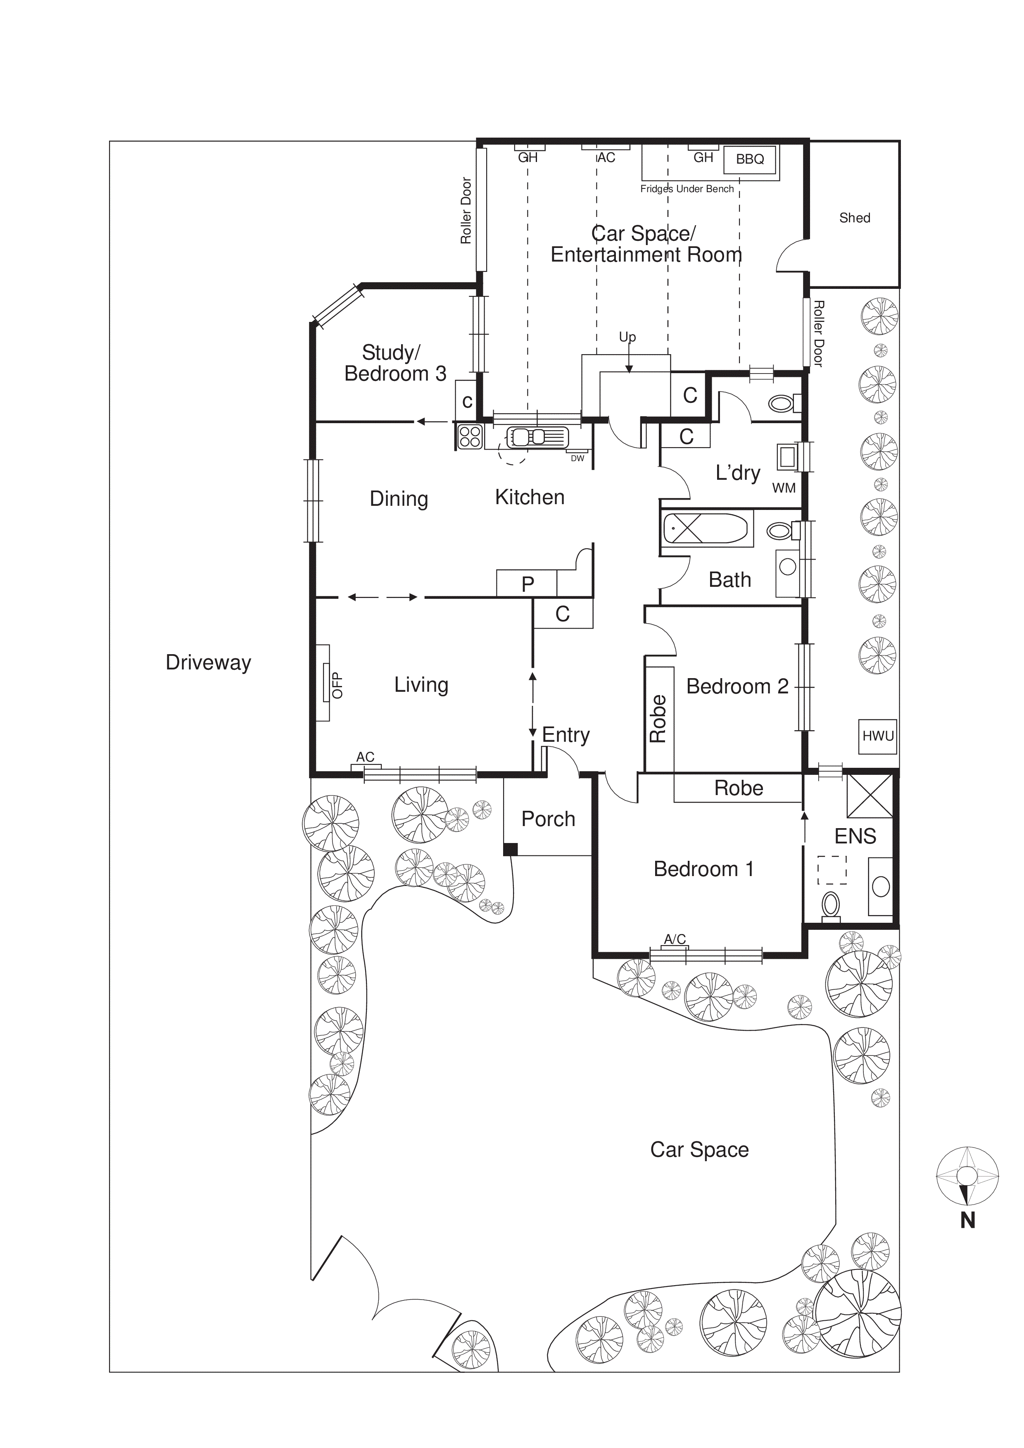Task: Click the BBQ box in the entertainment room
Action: pos(750,159)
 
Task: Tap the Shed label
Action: pos(854,218)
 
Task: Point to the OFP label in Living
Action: pos(337,685)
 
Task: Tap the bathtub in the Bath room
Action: pos(706,528)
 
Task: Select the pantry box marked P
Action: pos(527,584)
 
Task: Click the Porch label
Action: pos(548,819)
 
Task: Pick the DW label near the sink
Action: pos(577,458)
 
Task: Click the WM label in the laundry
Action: pos(784,488)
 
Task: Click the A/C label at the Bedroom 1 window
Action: pos(675,939)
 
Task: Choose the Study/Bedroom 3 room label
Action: pos(395,363)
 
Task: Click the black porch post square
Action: pos(510,850)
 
